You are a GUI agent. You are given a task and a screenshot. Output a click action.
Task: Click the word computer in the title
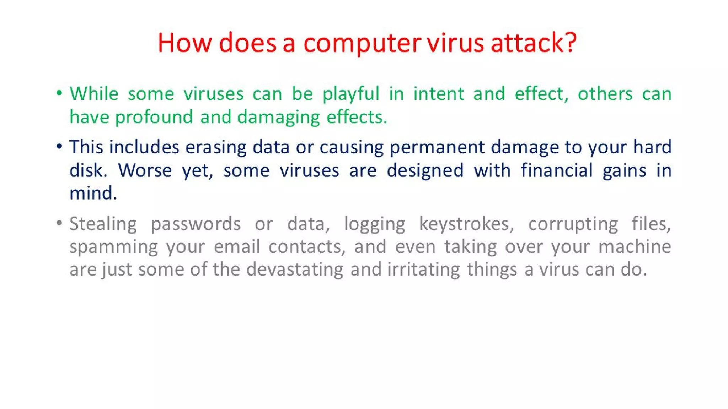click(362, 43)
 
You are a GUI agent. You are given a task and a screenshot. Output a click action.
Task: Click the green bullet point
click(59, 93)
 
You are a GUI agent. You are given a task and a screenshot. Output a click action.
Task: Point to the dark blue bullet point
click(59, 146)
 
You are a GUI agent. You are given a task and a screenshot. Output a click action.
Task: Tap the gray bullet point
click(59, 223)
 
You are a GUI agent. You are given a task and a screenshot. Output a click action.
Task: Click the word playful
click(351, 94)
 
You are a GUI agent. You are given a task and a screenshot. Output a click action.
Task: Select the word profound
click(154, 117)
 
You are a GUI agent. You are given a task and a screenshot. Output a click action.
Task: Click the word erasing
click(216, 147)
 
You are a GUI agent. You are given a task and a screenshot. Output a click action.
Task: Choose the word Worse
click(145, 170)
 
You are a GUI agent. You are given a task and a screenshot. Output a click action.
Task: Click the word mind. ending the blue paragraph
click(93, 193)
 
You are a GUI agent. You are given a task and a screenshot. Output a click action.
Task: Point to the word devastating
click(295, 269)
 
